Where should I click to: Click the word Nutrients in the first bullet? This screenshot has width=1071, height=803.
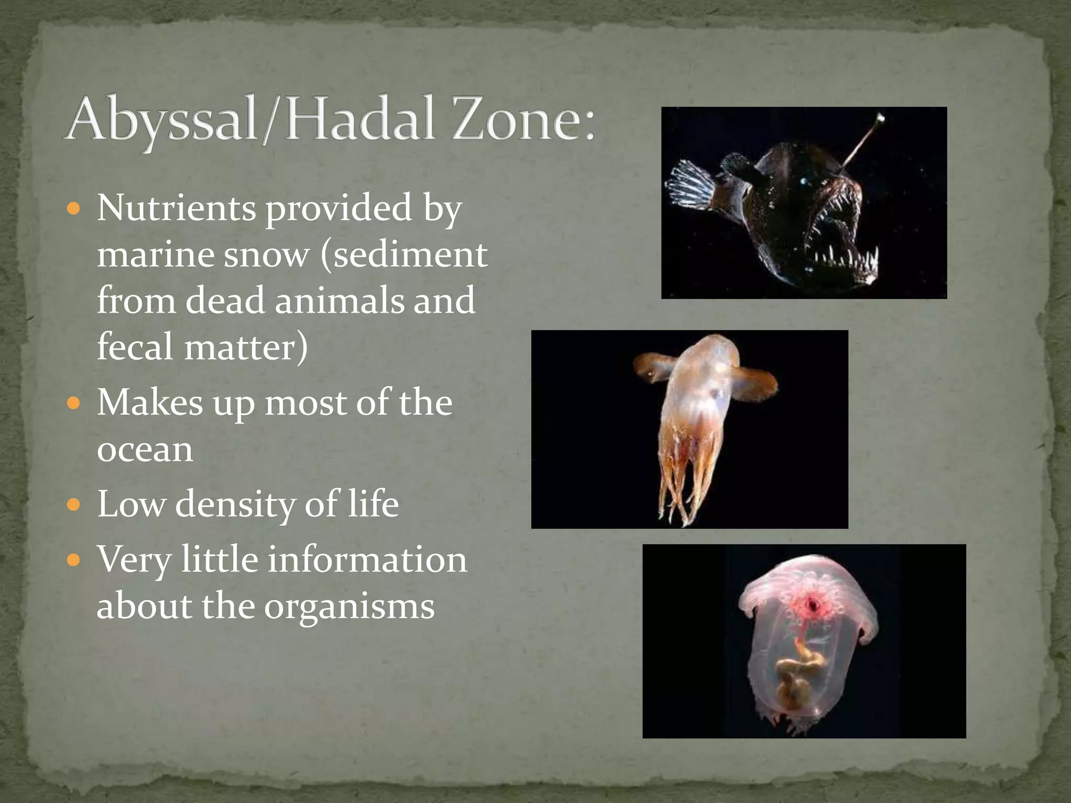pos(176,208)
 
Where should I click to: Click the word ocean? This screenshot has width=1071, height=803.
pos(145,449)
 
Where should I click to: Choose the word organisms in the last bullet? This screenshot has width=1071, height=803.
pos(349,606)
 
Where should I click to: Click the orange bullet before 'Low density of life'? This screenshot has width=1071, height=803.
pos(75,506)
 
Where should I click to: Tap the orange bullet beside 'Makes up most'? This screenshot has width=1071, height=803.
pos(75,404)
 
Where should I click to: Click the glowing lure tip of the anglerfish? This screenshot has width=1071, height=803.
pos(881,118)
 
